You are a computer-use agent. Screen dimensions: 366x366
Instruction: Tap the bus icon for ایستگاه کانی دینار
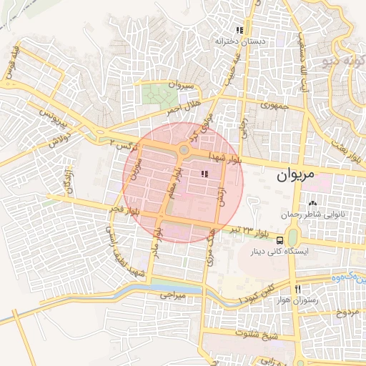pyautogui.click(x=280, y=240)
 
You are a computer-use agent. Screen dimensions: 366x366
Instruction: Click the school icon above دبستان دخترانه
pyautogui.click(x=239, y=31)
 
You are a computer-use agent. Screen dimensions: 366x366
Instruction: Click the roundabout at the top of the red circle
pyautogui.click(x=184, y=150)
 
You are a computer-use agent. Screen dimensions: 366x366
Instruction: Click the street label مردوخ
pyautogui.click(x=346, y=312)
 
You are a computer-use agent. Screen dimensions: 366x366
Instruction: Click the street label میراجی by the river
pyautogui.click(x=172, y=294)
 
